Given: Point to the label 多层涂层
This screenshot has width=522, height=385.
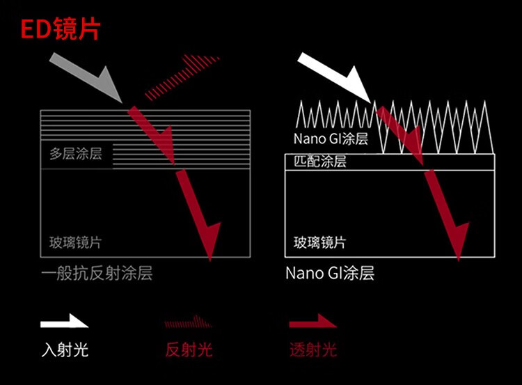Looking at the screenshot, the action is click(x=76, y=154).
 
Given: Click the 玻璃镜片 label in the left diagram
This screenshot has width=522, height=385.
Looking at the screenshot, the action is click(x=76, y=242).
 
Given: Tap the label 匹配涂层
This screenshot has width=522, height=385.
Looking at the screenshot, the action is click(x=320, y=162).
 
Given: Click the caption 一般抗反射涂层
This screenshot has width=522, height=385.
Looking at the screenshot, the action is click(x=96, y=273).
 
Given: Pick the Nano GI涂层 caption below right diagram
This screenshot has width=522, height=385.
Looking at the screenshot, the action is click(x=330, y=273).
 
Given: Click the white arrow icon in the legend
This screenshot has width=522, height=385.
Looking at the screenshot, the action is click(x=64, y=322).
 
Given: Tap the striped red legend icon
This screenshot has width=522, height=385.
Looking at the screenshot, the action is click(x=186, y=322).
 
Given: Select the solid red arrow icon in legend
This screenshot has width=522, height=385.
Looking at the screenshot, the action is click(x=313, y=322).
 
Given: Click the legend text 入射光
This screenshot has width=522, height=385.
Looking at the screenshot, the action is click(x=64, y=349).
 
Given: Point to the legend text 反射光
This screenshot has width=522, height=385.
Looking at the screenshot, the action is click(x=189, y=349).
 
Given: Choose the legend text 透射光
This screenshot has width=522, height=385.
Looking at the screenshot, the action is click(x=313, y=349).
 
